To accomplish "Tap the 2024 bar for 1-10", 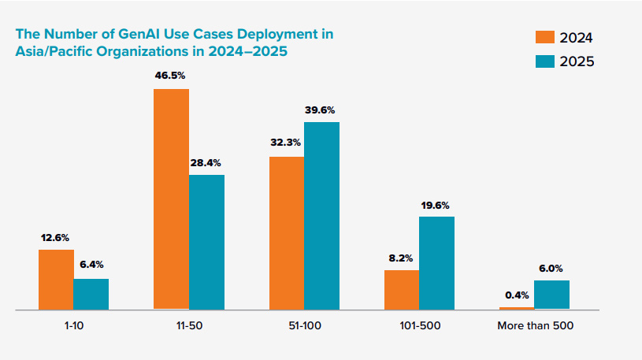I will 56,280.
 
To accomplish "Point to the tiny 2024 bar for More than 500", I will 517,308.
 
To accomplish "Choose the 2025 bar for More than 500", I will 551,295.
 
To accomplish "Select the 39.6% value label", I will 321,109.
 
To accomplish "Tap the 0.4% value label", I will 517,295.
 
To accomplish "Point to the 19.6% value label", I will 436,205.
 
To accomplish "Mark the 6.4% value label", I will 91,266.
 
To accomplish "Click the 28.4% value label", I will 206,162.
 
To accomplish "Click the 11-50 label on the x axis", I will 188,325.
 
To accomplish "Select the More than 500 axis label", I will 534,325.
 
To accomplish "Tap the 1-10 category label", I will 73,325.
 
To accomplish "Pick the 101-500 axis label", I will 419,325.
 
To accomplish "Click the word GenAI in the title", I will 144,35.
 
